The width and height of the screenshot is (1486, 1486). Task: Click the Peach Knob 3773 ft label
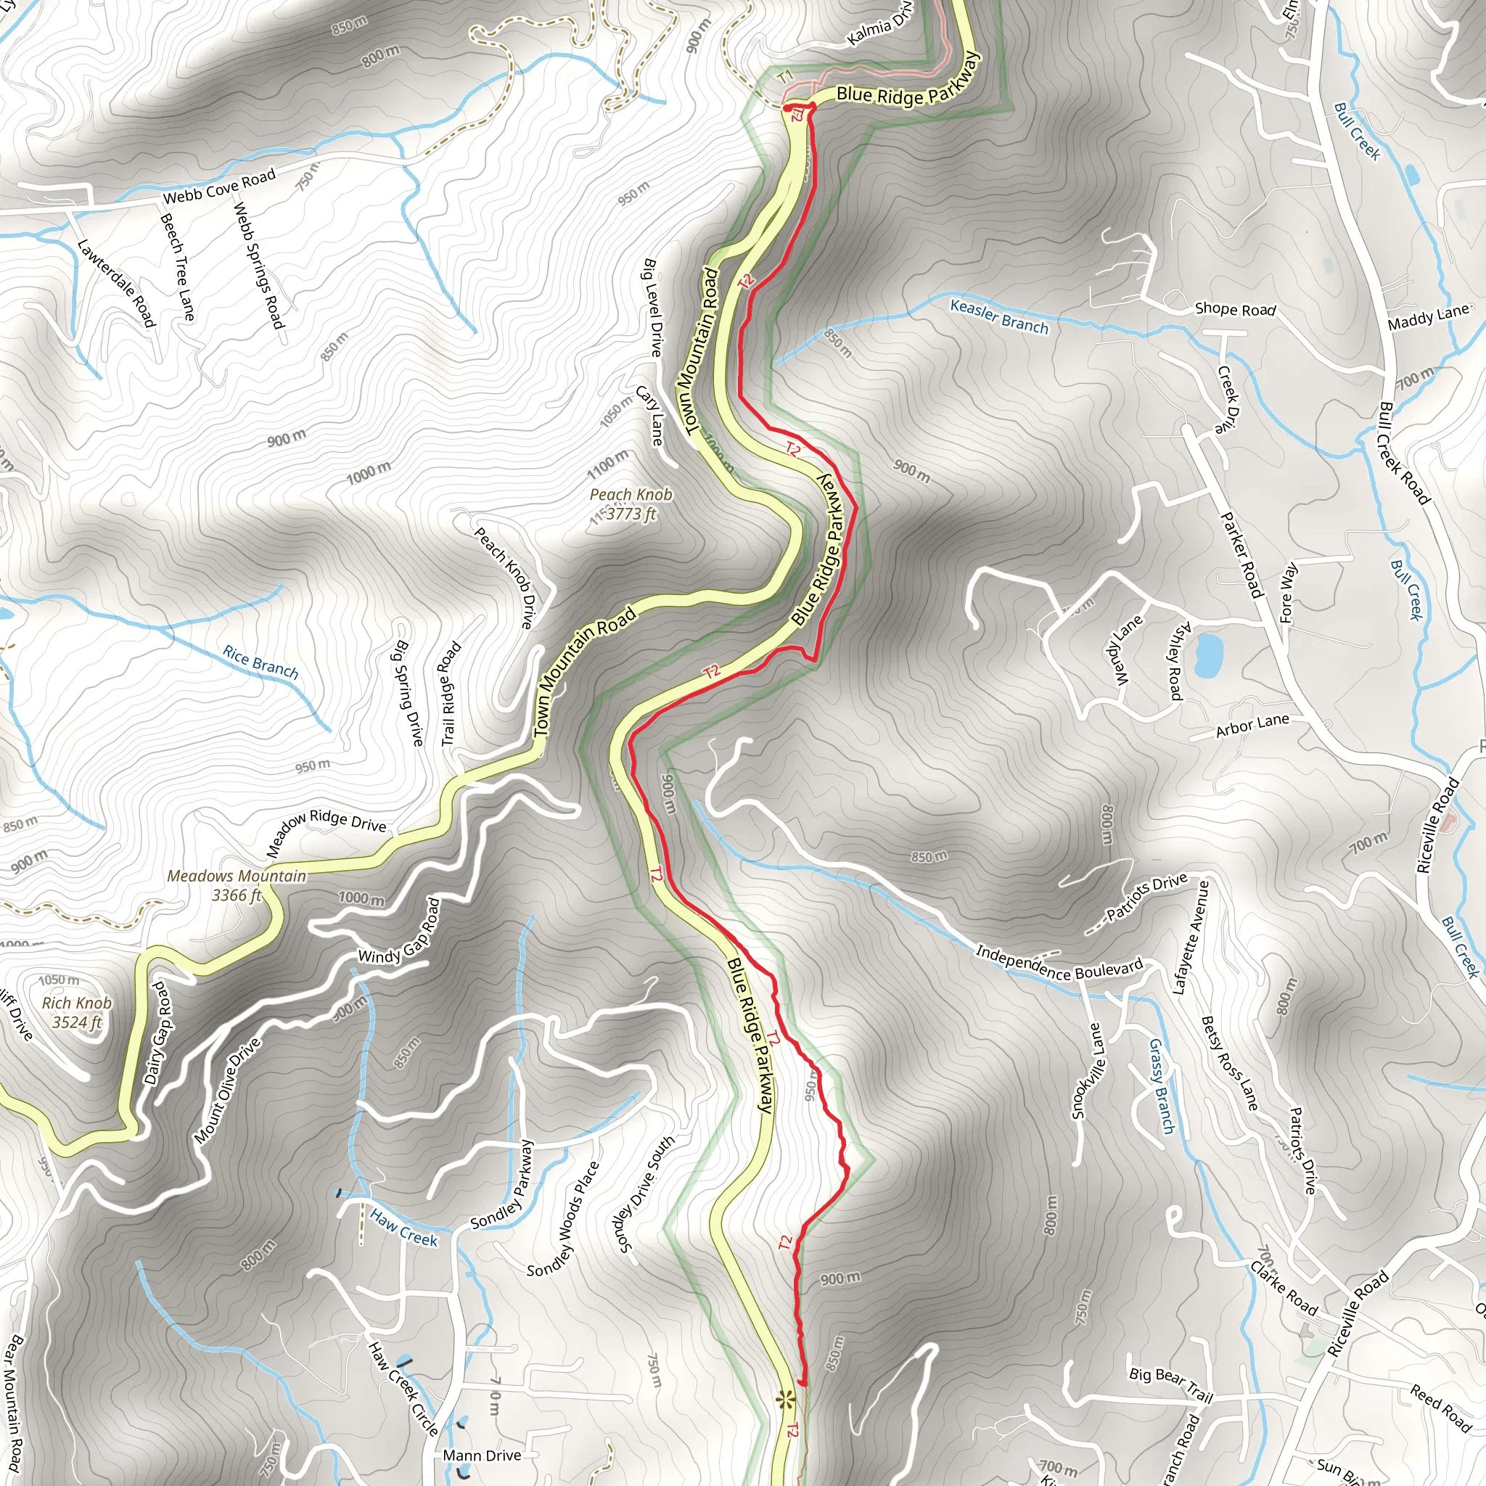coord(631,504)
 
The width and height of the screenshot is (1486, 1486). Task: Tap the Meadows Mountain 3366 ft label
coord(237,885)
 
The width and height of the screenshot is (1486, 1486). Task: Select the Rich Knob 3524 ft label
coord(77,1012)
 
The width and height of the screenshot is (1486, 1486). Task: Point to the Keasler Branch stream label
coord(999,316)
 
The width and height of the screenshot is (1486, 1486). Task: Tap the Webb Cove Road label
coord(219,187)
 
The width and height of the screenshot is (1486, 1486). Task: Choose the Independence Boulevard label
coord(1059,962)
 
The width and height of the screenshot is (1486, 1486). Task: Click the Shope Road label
coord(1235,309)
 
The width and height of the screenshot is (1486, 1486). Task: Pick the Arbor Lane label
coord(1252,726)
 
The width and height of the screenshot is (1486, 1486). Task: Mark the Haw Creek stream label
coord(403,1228)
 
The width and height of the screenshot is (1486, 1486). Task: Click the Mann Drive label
coord(483,1456)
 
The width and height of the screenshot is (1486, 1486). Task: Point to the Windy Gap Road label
coord(400,930)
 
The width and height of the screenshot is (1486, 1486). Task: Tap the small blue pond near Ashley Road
coord(1208,655)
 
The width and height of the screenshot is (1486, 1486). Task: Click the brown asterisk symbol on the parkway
coord(784,1399)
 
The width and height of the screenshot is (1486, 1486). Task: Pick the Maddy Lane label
coord(1428,317)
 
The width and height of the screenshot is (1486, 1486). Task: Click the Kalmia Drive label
coord(879,27)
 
